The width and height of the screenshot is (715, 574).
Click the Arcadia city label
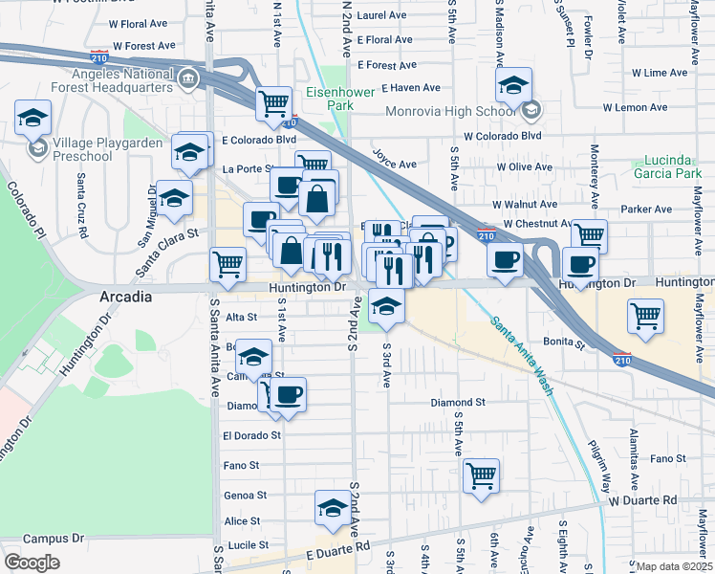[126, 297]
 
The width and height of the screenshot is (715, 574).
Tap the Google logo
[32, 562]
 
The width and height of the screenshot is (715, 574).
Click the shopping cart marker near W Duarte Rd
[482, 475]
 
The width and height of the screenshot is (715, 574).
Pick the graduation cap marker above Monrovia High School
[513, 85]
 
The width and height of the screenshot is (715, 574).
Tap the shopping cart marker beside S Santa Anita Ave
[227, 262]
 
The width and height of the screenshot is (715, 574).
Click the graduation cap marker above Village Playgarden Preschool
[32, 119]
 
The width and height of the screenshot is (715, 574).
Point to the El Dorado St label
[251, 434]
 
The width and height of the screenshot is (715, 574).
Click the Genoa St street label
[245, 496]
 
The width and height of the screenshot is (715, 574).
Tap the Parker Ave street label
[647, 209]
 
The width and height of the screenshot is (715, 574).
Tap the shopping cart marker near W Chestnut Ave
[589, 233]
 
